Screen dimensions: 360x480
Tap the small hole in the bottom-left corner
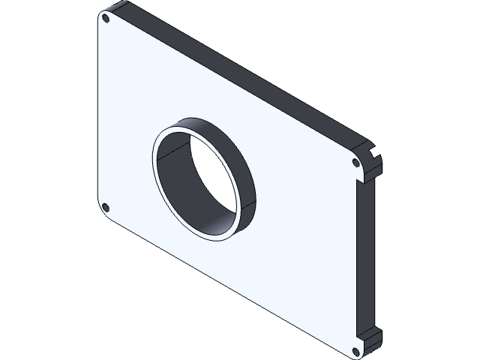(105, 207)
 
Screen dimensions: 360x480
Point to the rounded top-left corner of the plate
(101, 14)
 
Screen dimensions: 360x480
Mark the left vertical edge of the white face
(99, 112)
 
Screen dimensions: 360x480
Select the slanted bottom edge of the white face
(225, 285)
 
